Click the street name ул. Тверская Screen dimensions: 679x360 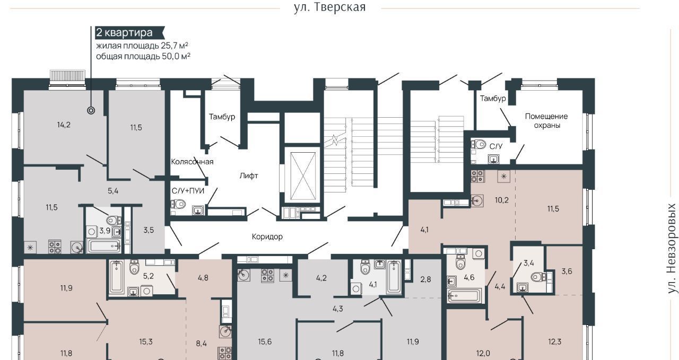click(329, 7)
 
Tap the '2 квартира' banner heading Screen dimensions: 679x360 click(124, 32)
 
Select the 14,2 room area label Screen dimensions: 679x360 click(64, 125)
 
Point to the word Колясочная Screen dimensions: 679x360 click(192, 162)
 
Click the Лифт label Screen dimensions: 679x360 click(249, 175)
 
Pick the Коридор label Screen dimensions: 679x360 click(267, 236)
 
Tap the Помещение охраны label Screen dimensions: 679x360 click(546, 120)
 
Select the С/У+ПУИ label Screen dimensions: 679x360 click(188, 191)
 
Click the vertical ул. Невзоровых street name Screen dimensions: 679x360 click(672, 249)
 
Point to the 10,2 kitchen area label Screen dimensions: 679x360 click(502, 200)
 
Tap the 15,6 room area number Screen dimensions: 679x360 click(265, 342)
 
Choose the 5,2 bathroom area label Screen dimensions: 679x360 click(148, 276)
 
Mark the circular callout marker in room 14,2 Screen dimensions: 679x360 click(91, 111)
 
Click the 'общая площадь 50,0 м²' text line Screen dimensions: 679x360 click(143, 56)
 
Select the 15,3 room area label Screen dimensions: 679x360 click(146, 342)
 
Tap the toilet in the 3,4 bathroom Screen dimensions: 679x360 click(538, 277)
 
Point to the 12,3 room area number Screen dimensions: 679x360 click(554, 342)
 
